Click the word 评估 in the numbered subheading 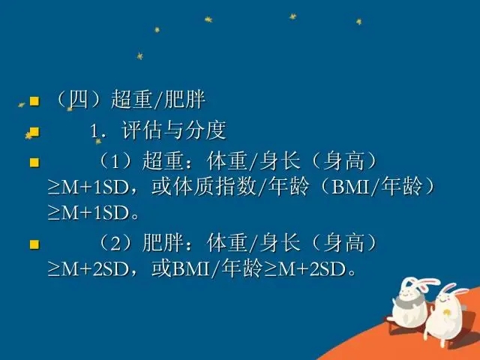[x=142, y=130]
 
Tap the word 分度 [x=205, y=130]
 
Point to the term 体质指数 [x=215, y=187]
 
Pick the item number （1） [x=115, y=161]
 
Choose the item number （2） [x=115, y=243]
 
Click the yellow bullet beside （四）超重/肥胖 [x=34, y=100]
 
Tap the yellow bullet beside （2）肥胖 [x=34, y=244]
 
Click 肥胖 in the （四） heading [x=185, y=100]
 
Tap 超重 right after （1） [x=163, y=161]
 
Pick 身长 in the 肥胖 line [x=280, y=243]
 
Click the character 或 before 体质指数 [x=162, y=187]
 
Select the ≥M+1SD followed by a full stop [x=88, y=213]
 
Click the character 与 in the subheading [x=173, y=130]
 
